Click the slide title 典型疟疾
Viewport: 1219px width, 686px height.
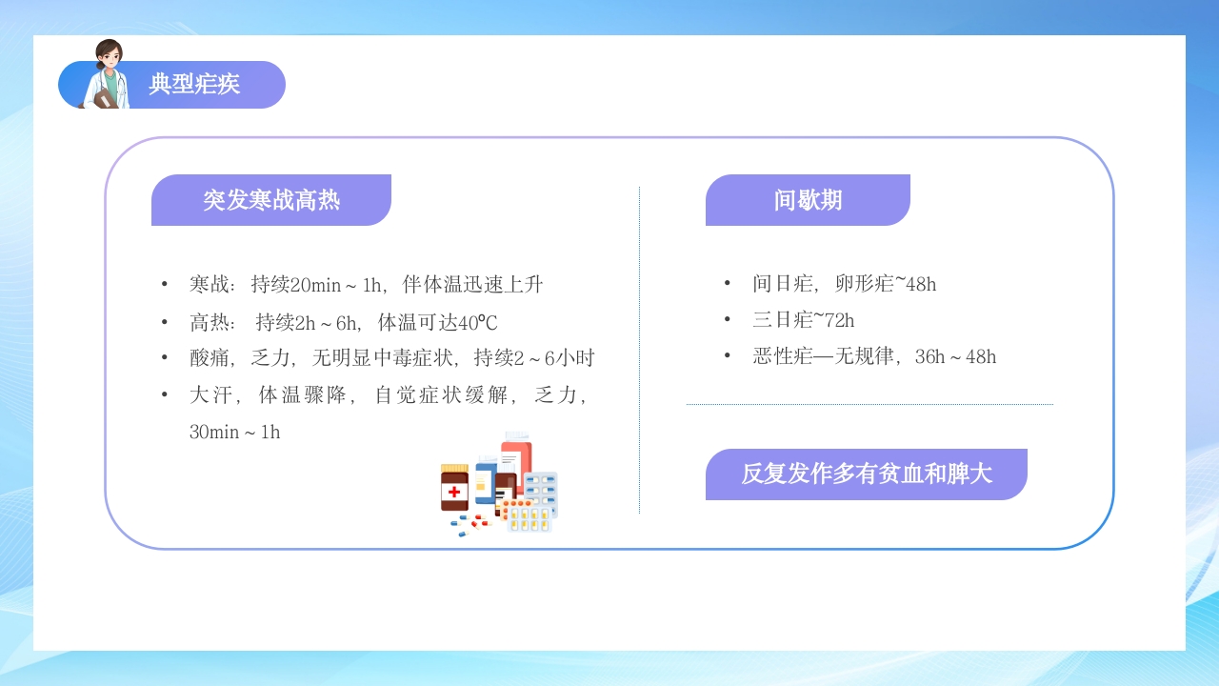pyautogui.click(x=194, y=85)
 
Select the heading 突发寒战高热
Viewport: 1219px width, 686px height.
pyautogui.click(x=271, y=200)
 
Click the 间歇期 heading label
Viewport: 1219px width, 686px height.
pyautogui.click(x=808, y=200)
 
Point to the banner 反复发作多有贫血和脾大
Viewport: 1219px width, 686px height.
pyautogui.click(x=867, y=474)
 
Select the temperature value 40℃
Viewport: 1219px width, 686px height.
pyautogui.click(x=478, y=322)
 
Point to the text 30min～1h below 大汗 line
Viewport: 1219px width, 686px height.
pyautogui.click(x=235, y=432)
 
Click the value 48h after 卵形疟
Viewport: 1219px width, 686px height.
pyautogui.click(x=920, y=284)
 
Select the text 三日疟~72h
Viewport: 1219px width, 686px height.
pyautogui.click(x=804, y=320)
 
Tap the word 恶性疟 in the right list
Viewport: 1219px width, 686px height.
pyautogui.click(x=783, y=356)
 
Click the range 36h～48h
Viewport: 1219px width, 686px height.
pyautogui.click(x=955, y=356)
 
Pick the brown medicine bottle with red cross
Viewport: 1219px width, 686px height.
pyautogui.click(x=454, y=489)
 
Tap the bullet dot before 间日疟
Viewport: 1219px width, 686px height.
pyautogui.click(x=728, y=283)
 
